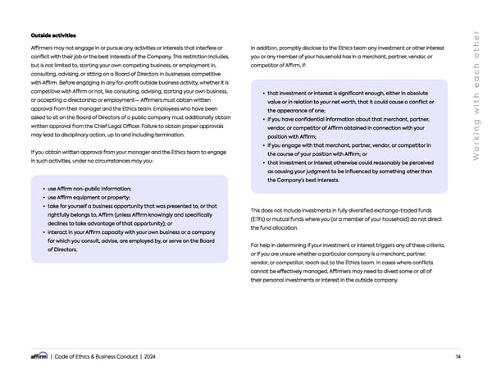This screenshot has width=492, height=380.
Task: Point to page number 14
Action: point(457,355)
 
